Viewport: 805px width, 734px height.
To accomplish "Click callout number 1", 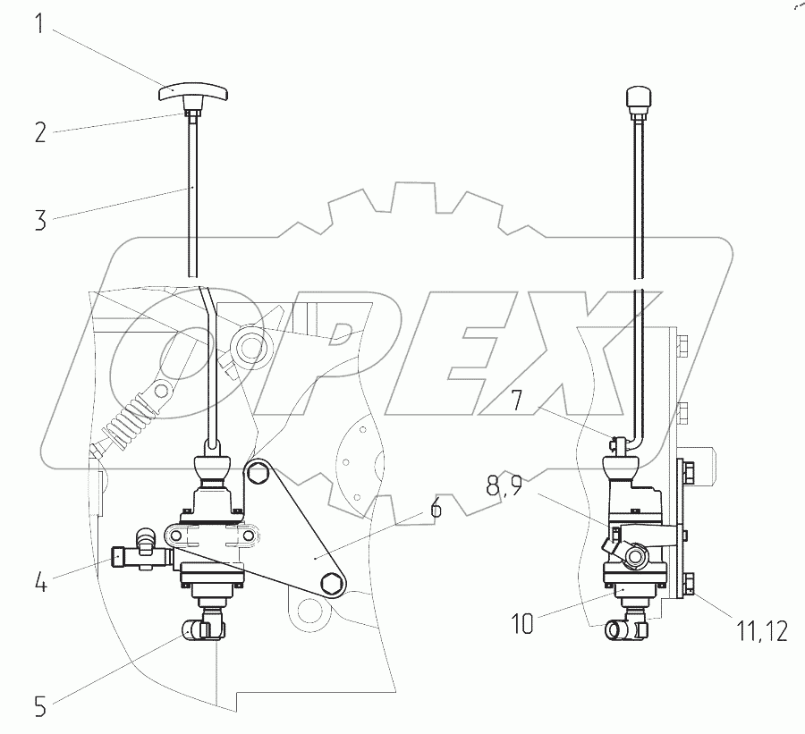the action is pyautogui.click(x=40, y=25).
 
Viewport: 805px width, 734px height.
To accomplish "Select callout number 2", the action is pyautogui.click(x=40, y=132).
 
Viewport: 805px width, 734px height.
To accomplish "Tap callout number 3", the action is pyautogui.click(x=40, y=220).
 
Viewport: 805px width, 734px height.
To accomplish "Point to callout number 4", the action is pyautogui.click(x=40, y=584).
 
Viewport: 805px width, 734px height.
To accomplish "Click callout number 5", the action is pyautogui.click(x=40, y=707).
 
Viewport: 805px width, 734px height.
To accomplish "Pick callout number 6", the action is pyautogui.click(x=436, y=508).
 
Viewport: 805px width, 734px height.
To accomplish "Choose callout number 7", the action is pyautogui.click(x=516, y=401).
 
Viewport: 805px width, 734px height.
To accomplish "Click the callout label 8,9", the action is pyautogui.click(x=504, y=486).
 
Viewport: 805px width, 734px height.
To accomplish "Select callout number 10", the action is pyautogui.click(x=522, y=624).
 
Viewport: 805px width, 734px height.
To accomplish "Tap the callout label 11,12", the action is pyautogui.click(x=762, y=631).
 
